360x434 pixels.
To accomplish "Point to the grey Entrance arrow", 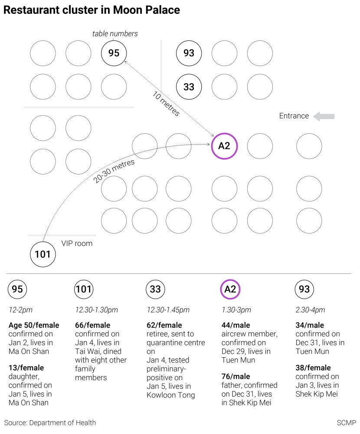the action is [x=324, y=116].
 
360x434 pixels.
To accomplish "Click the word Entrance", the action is [x=294, y=116].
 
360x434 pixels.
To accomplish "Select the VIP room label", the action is [x=77, y=243].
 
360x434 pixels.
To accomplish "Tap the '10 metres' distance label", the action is [x=166, y=104].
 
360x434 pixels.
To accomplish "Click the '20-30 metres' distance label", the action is [x=114, y=171].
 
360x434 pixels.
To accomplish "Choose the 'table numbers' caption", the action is [x=115, y=33].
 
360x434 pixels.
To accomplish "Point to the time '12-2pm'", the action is [x=20, y=310].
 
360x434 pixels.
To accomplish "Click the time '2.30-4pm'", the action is [x=310, y=310].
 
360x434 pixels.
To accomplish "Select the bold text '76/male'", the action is [x=236, y=376].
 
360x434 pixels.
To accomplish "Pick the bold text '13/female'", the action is [x=26, y=368].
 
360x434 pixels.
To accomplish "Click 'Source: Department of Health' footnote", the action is [x=50, y=423].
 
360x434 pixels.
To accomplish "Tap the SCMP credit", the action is [x=347, y=423].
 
